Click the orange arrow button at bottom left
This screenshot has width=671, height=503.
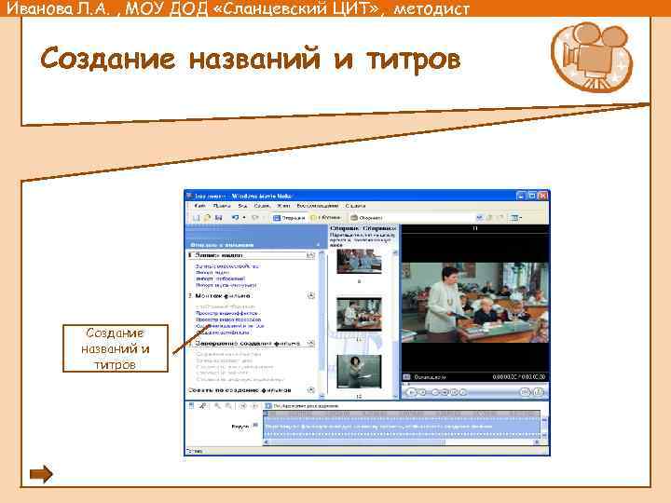pos(41,475)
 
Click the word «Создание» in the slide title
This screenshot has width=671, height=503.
pos(107,59)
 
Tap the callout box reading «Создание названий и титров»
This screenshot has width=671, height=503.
pos(115,347)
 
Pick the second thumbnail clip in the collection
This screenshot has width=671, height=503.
pos(358,315)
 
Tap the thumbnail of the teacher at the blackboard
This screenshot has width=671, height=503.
pos(358,371)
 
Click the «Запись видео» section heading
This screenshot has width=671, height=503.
pos(222,254)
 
